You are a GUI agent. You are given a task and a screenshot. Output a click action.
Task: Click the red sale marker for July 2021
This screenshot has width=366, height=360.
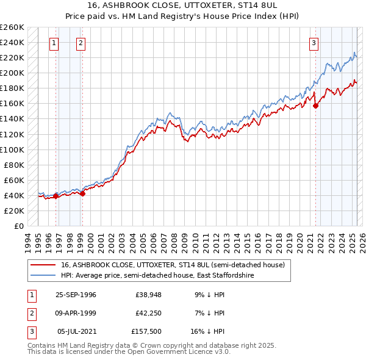click(x=316, y=106)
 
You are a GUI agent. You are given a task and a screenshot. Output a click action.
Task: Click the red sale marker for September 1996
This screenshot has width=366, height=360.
click(x=56, y=196)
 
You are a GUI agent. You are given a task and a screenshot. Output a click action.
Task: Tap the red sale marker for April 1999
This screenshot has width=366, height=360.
click(x=82, y=194)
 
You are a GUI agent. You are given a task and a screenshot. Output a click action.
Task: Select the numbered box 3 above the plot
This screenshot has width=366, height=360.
click(x=314, y=43)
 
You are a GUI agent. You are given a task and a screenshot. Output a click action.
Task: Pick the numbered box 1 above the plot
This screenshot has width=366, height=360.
click(x=55, y=43)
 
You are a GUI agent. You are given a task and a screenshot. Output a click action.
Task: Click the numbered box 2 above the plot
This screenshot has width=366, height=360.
click(x=81, y=43)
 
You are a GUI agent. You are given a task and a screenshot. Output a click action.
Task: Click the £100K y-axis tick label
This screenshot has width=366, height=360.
click(x=12, y=149)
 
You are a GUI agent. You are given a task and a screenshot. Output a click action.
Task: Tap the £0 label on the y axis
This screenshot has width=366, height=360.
click(x=18, y=226)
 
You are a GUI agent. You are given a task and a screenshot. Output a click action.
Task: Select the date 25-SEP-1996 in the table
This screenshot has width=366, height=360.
click(x=76, y=294)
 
